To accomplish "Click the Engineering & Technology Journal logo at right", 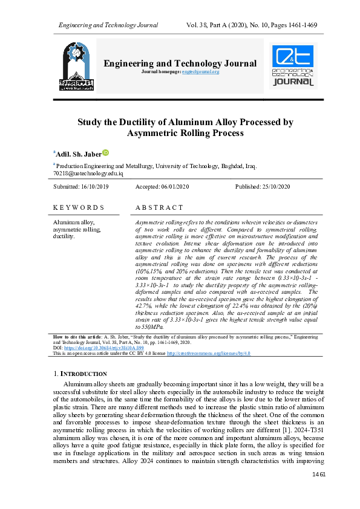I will point(293,66).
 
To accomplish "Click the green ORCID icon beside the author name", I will point(105,153).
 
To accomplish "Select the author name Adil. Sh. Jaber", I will point(78,154).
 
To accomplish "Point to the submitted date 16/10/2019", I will point(91,187).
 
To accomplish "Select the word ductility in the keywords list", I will point(64,236).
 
